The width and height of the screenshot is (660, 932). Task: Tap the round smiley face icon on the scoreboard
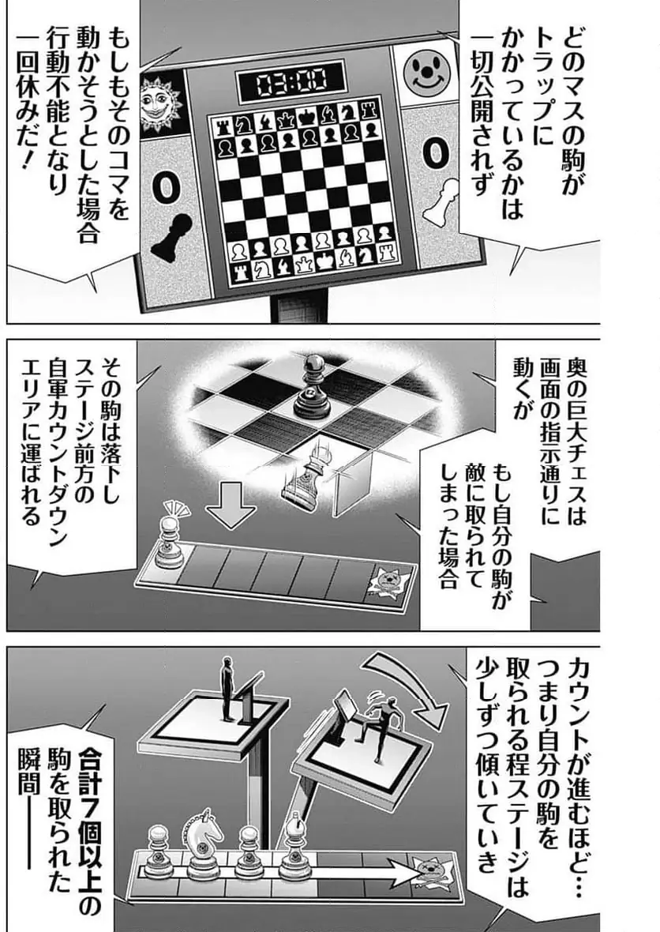[424, 72]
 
